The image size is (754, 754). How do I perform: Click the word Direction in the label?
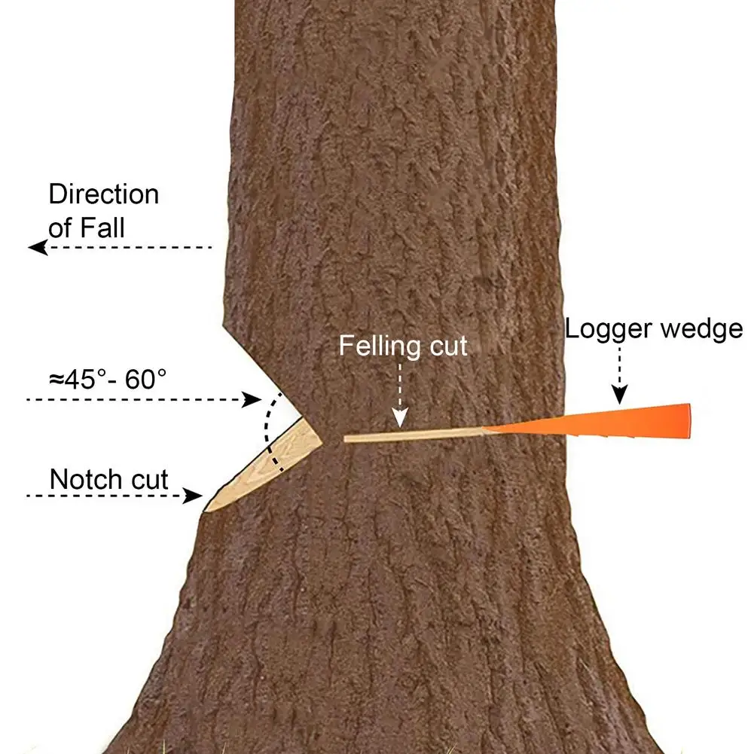click(104, 194)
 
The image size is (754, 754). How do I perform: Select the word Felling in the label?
click(379, 346)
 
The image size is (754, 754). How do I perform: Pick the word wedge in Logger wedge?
click(704, 329)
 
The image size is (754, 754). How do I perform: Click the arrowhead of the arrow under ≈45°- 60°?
click(254, 399)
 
